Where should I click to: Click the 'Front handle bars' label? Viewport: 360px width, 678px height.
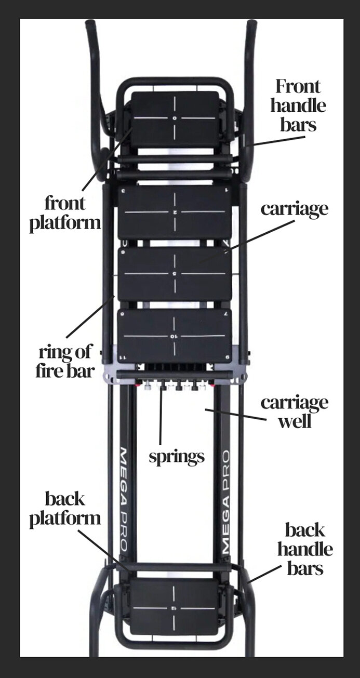pos(298,105)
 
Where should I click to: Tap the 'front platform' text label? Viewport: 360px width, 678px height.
pos(65,213)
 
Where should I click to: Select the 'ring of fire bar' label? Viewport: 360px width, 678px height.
pos(65,362)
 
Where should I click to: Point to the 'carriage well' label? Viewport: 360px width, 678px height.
pos(295,412)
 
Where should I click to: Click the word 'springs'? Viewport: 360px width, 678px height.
pos(177,456)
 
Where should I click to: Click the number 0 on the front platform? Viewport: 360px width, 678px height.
pos(175,118)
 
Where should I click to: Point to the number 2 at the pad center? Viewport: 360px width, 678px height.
pos(175,212)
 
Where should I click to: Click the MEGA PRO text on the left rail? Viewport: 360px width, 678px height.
pos(124,499)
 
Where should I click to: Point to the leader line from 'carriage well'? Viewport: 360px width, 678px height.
pos(236,415)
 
